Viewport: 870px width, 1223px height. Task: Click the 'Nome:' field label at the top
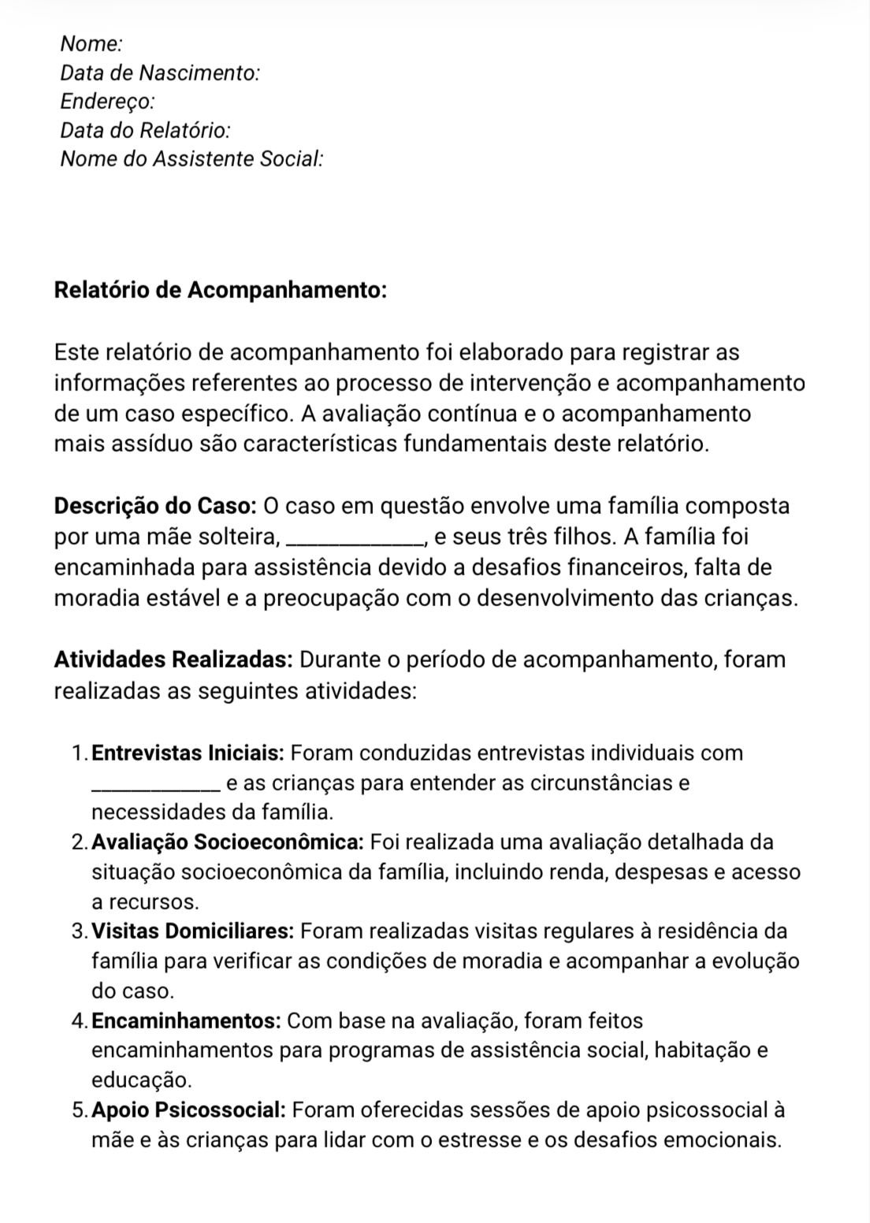[91, 43]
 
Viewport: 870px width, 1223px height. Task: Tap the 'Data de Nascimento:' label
[160, 72]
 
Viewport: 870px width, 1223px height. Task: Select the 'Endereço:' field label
[107, 101]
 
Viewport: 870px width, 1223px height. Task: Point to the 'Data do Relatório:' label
[146, 130]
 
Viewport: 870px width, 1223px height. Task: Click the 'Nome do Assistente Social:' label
[192, 158]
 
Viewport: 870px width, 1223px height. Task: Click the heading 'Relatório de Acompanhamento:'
[221, 290]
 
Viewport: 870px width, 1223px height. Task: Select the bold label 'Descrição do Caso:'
[155, 505]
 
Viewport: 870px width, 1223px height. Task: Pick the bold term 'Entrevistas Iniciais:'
[188, 753]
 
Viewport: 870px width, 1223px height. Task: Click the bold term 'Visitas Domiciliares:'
[193, 931]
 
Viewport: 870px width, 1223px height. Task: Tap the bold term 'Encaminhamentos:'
[187, 1020]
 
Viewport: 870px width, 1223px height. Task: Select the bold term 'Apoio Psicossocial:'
[188, 1110]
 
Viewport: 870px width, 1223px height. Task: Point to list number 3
[78, 931]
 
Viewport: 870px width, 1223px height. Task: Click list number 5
[78, 1110]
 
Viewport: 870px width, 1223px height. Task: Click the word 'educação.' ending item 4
[142, 1080]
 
